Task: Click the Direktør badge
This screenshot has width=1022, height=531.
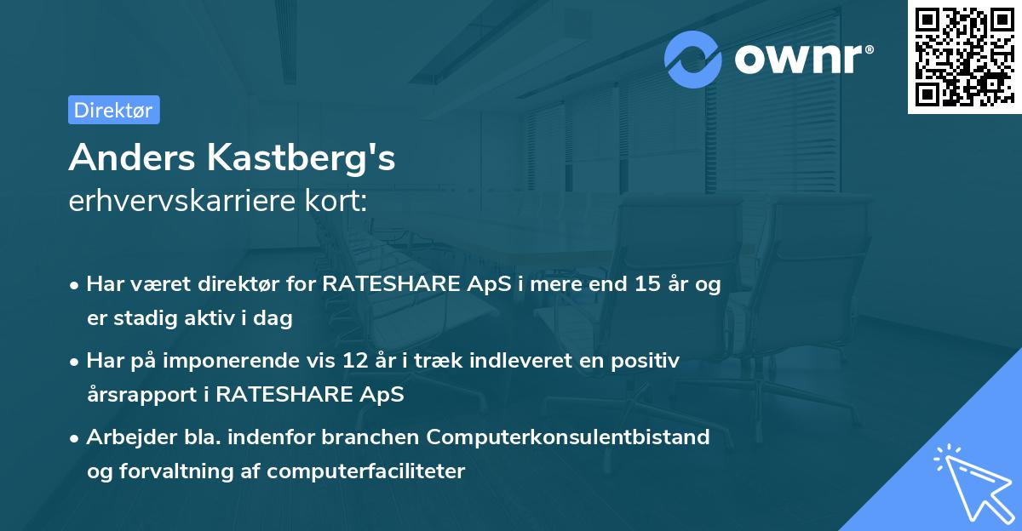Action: pos(113,110)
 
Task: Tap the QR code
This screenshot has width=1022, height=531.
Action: pos(963,57)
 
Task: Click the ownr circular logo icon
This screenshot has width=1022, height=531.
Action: pos(693,59)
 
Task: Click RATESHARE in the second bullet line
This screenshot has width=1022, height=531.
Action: pos(283,395)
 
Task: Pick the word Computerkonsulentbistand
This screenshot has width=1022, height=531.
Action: pos(568,437)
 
